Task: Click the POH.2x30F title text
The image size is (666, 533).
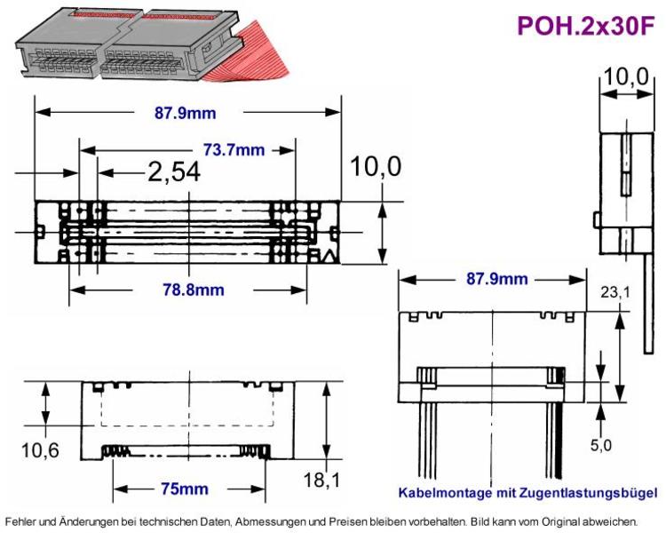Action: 586,26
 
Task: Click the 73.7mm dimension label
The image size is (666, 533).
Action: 234,149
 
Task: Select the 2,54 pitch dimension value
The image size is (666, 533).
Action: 174,172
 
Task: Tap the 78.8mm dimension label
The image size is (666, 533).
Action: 194,290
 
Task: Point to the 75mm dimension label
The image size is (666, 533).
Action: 185,489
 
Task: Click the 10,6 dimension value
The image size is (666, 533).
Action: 40,450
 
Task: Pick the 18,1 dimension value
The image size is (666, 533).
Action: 321,480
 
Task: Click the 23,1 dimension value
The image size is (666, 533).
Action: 615,292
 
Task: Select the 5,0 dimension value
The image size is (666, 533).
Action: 600,445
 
